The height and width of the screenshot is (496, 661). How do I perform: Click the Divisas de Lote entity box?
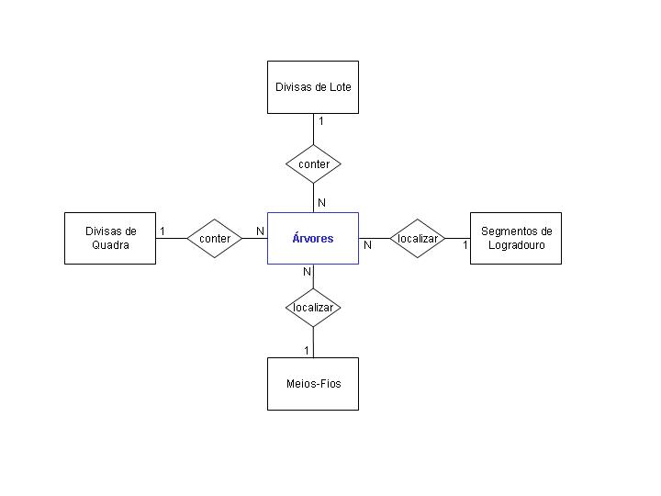313,87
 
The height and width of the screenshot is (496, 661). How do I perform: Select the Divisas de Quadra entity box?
110,238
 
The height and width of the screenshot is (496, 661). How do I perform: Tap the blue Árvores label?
313,238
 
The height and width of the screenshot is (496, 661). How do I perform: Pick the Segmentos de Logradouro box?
516,238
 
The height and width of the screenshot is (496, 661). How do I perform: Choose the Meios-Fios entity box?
313,384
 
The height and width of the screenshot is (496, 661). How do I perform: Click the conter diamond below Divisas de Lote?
313,164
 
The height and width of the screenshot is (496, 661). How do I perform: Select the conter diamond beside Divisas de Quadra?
215,238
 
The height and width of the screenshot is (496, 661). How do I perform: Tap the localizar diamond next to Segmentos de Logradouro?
418,238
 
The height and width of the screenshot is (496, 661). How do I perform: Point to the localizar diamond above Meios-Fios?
313,308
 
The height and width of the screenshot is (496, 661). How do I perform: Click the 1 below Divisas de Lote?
321,121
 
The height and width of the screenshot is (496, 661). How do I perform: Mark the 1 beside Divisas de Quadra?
162,231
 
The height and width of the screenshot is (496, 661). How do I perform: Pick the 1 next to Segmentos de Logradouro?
465,245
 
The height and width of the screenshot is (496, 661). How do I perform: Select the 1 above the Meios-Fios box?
307,351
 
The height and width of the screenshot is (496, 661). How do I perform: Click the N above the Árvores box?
321,203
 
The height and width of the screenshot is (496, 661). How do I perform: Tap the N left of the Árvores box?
260,231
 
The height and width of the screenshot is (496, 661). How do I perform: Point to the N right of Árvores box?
367,245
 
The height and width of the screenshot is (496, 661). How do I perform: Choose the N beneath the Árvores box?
307,272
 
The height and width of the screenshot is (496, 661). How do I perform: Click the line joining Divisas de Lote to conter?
313,130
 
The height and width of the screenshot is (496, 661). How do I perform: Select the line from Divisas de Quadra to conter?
171,238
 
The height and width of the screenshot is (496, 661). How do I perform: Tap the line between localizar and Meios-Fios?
313,343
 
